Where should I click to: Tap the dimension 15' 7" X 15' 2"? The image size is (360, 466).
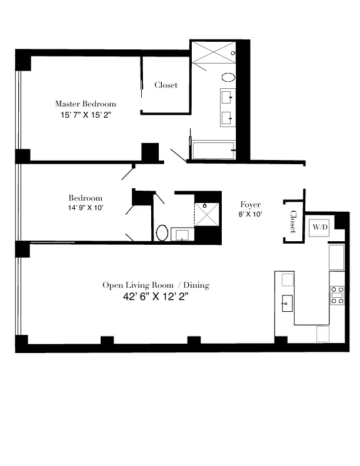click(x=86, y=115)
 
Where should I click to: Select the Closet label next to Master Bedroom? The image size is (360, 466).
click(x=166, y=85)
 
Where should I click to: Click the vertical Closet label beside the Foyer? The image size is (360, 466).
click(x=292, y=221)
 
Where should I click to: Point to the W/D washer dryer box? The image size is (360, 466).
click(x=319, y=227)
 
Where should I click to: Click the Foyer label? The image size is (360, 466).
click(x=251, y=204)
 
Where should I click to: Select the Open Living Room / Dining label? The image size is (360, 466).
click(x=156, y=285)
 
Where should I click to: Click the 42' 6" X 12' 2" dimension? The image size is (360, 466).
click(x=156, y=298)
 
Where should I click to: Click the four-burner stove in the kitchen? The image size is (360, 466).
click(x=338, y=295)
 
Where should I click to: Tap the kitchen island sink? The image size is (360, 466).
click(x=287, y=304)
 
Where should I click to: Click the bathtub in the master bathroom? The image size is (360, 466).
click(x=214, y=151)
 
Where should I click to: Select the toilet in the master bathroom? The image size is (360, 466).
click(x=228, y=77)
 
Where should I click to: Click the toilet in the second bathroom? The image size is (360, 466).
click(x=162, y=232)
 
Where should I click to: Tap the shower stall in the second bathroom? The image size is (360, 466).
click(x=207, y=213)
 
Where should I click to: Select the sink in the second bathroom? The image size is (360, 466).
click(x=181, y=235)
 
